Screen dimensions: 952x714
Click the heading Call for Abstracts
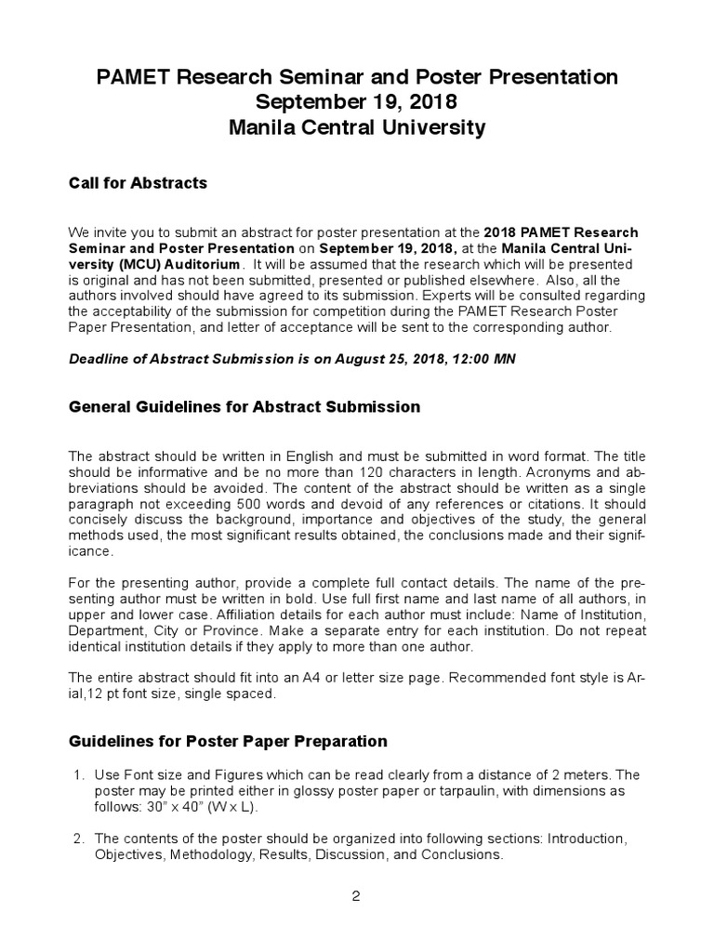tap(138, 183)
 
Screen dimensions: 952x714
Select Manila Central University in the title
tap(357, 128)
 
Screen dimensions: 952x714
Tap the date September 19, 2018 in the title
tap(357, 102)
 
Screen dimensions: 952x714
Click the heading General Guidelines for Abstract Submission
tap(245, 407)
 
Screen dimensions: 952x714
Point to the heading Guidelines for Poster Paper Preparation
tap(228, 741)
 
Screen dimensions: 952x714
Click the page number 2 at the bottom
tap(356, 896)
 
